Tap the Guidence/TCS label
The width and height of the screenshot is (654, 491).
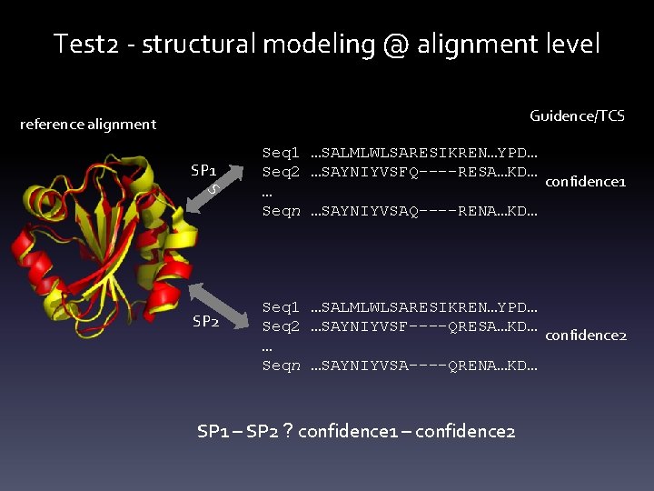pos(577,115)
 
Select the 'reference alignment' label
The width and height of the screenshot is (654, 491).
pos(88,124)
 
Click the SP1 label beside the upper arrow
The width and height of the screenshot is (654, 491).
pos(203,169)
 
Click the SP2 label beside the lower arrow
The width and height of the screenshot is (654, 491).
pos(205,321)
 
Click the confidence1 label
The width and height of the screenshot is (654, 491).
pos(586,181)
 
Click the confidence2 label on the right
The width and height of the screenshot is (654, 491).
pos(586,335)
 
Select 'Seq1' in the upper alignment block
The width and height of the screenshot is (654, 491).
pos(281,154)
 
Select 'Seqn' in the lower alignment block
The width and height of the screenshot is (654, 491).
pos(281,366)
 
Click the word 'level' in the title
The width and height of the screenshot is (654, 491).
pos(572,44)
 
